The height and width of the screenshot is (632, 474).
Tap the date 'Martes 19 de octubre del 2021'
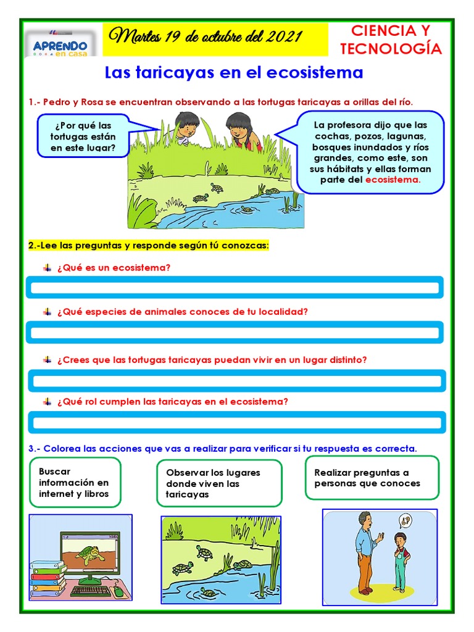coord(206,38)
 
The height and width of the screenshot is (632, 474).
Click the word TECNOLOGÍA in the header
coord(391,49)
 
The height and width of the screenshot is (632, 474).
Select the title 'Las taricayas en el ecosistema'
coord(234,73)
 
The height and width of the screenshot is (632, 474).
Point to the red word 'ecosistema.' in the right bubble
coord(393,180)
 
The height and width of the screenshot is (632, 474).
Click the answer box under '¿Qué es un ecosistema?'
coord(234,288)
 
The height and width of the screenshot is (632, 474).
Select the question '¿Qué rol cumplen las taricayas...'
coord(172,401)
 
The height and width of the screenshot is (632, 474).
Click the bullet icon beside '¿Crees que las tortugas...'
coord(47,359)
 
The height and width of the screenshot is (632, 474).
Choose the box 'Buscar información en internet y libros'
coord(75,482)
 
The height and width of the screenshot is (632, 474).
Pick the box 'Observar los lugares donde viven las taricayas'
coord(219,483)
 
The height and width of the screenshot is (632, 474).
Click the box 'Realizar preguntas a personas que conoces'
coord(372,478)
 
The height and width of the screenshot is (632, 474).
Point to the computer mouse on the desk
coord(118,591)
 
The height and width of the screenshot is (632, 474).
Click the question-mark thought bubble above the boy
coord(405,522)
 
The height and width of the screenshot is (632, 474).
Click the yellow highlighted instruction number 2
coord(149,245)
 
